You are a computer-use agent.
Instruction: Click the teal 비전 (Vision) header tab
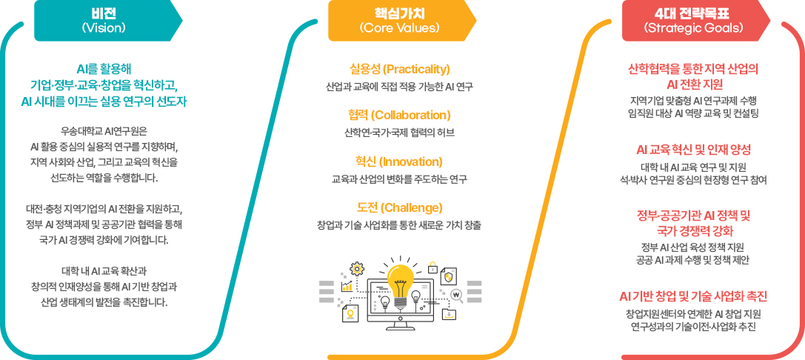pyautogui.click(x=104, y=20)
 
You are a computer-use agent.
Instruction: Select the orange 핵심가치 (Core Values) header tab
pyautogui.click(x=399, y=20)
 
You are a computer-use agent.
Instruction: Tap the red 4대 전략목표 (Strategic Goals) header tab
pyautogui.click(x=692, y=20)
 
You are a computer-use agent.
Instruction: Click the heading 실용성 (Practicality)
pyautogui.click(x=399, y=70)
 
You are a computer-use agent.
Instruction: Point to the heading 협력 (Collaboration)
pyautogui.click(x=399, y=116)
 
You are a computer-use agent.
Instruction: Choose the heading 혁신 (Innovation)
pyautogui.click(x=399, y=161)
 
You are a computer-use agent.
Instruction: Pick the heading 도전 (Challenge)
pyautogui.click(x=399, y=207)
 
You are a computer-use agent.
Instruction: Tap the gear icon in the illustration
pyautogui.click(x=357, y=269)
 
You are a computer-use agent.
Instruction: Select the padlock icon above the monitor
pyautogui.click(x=433, y=268)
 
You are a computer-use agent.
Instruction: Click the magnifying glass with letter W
pyautogui.click(x=456, y=295)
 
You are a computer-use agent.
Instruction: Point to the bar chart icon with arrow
pyautogui.click(x=347, y=286)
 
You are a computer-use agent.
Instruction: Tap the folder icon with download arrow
pyautogui.click(x=448, y=314)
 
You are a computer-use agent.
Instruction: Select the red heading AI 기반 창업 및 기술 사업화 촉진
pyautogui.click(x=693, y=296)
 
